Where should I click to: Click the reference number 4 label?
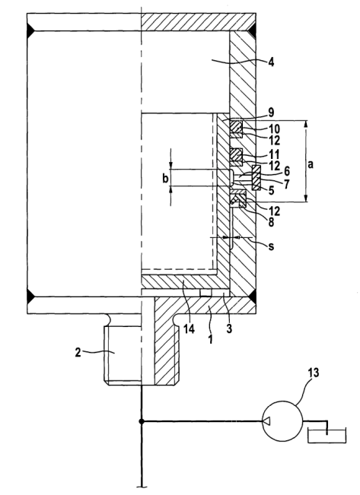tap(270, 62)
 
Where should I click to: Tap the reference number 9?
tap(270, 113)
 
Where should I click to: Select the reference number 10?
tap(274, 129)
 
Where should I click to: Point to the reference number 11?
tap(274, 154)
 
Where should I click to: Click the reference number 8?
tap(271, 222)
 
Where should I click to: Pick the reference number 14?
tap(190, 329)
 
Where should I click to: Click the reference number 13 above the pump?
tap(313, 373)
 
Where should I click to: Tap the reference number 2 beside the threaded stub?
tap(78, 352)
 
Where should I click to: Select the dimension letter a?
tap(311, 164)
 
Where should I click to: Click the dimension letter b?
tap(165, 179)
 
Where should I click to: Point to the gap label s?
tap(271, 246)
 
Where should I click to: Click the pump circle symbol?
tap(282, 420)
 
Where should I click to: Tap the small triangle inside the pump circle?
tap(266, 420)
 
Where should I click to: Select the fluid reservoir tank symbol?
tap(327, 436)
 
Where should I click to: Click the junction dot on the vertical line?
tap(142, 421)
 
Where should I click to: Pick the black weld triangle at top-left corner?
tap(30, 30)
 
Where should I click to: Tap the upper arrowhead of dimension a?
tap(306, 124)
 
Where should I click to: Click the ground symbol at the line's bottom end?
tap(142, 487)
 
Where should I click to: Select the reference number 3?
tap(229, 329)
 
